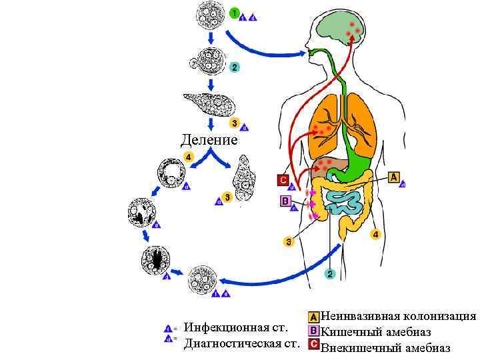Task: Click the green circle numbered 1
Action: pyautogui.click(x=234, y=13)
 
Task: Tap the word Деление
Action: pyautogui.click(x=209, y=141)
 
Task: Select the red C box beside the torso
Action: pyautogui.click(x=283, y=180)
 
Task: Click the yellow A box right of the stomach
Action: pyautogui.click(x=394, y=177)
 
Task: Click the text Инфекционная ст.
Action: pyautogui.click(x=236, y=328)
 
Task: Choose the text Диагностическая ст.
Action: pyautogui.click(x=241, y=344)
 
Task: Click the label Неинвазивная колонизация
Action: pyautogui.click(x=399, y=316)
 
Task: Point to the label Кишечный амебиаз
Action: pyautogui.click(x=376, y=331)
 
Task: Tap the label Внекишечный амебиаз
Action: pyautogui.click(x=386, y=347)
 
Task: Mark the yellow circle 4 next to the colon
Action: pyautogui.click(x=375, y=235)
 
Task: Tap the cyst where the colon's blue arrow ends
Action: pyautogui.click(x=203, y=279)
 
